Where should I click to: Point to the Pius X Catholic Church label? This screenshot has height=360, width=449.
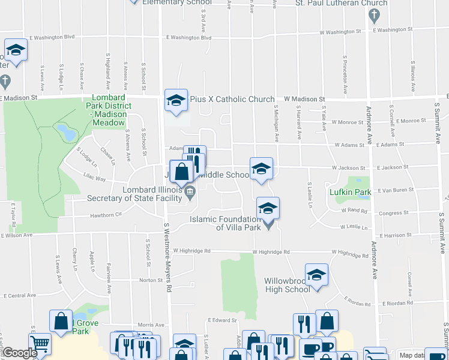(x=232, y=99)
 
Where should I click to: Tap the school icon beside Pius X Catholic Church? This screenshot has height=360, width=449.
(x=176, y=100)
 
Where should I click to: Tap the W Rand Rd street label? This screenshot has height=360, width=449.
(x=353, y=210)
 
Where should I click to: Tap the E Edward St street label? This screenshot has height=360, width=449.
(x=220, y=320)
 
